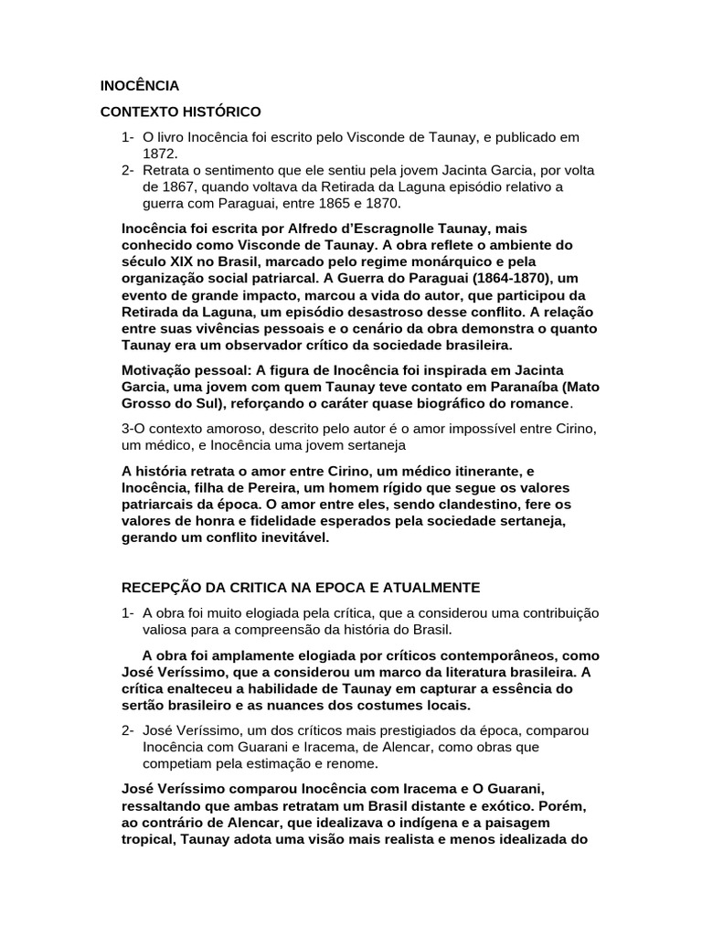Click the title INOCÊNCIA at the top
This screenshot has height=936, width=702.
140,87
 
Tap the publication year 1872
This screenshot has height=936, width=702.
160,154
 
